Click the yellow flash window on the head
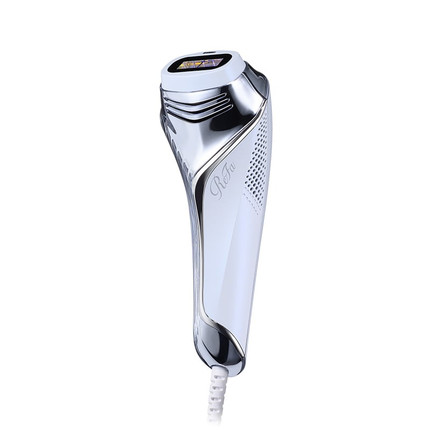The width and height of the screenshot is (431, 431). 200,64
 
